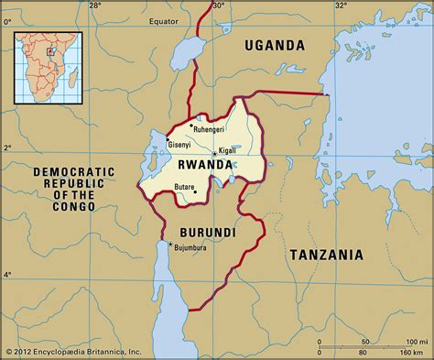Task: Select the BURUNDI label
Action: (204, 234)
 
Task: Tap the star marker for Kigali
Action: (215, 153)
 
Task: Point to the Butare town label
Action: (186, 186)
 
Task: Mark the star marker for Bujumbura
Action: (171, 243)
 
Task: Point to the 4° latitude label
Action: (6, 274)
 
